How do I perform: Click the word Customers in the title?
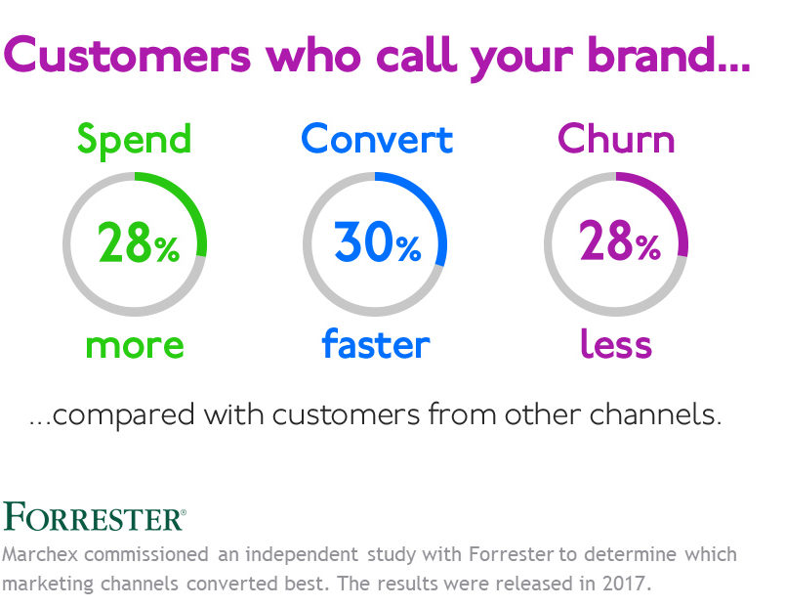tap(127, 55)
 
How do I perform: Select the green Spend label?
tap(134, 141)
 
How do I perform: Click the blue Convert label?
tap(377, 139)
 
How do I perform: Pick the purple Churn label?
tap(616, 139)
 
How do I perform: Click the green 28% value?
tap(139, 242)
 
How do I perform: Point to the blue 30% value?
tap(378, 242)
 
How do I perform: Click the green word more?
tap(135, 346)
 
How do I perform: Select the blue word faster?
tap(376, 343)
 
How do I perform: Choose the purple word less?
tap(616, 343)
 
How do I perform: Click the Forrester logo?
tap(95, 516)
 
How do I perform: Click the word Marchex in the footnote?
tap(40, 554)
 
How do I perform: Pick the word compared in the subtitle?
tap(123, 416)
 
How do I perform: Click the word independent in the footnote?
tap(302, 555)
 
